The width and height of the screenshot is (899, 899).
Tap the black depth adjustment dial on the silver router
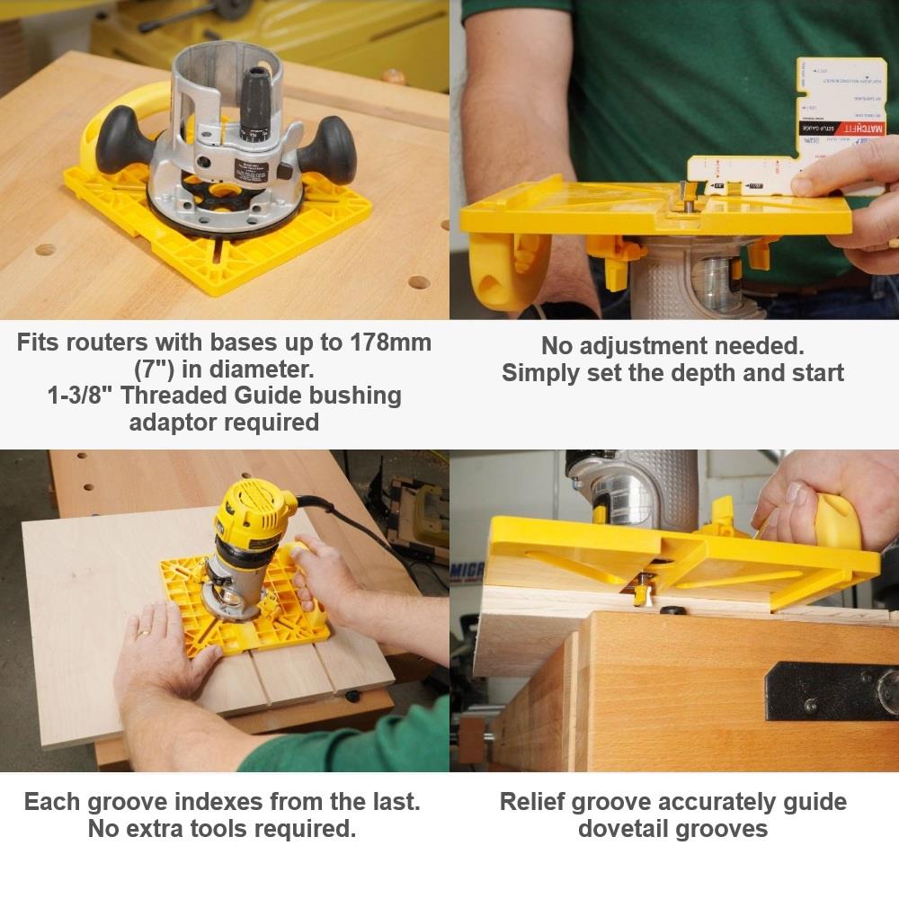259,99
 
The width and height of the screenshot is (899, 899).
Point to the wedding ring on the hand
143,633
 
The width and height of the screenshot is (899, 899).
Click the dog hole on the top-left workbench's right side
419,282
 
